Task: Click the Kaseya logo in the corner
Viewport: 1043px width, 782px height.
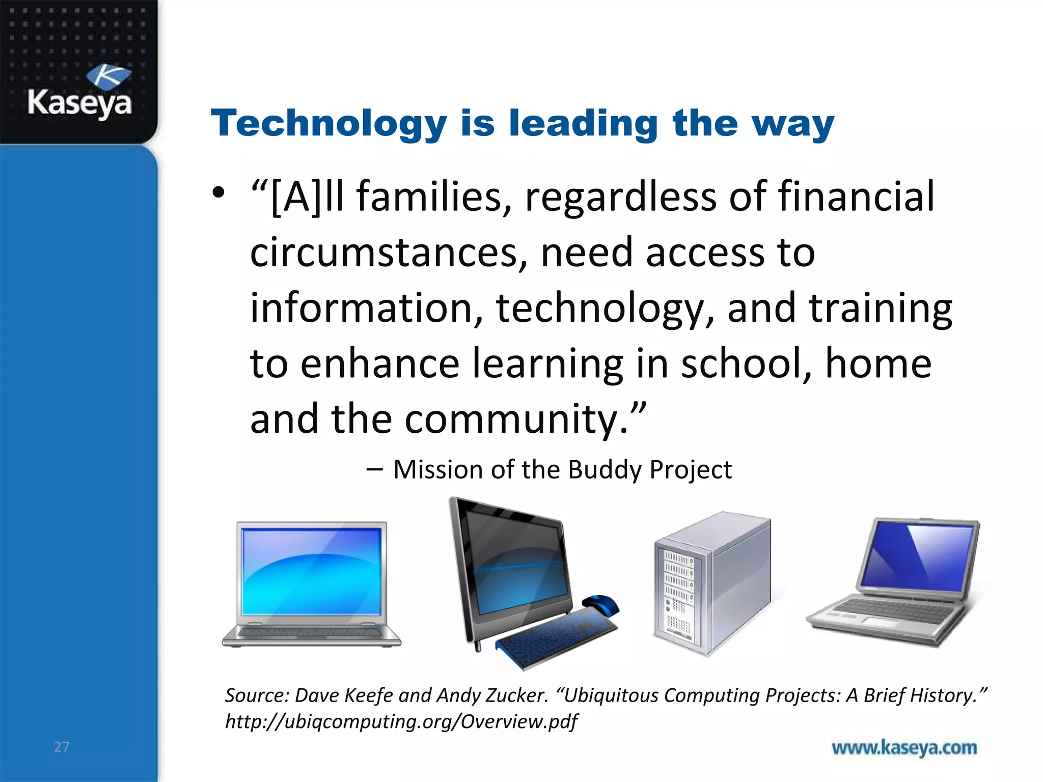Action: click(80, 92)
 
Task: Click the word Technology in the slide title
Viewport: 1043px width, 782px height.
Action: click(329, 124)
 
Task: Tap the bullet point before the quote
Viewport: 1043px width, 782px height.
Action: click(218, 193)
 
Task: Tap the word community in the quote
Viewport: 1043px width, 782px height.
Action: click(511, 419)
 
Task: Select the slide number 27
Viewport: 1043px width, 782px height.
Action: click(62, 747)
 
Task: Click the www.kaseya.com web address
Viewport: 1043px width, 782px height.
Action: click(904, 748)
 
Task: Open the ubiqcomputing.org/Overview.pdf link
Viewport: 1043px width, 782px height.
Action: click(401, 721)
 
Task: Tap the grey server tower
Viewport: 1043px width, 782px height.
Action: click(713, 583)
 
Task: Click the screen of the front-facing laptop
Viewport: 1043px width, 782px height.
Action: click(312, 571)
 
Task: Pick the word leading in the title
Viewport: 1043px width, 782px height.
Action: click(584, 124)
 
